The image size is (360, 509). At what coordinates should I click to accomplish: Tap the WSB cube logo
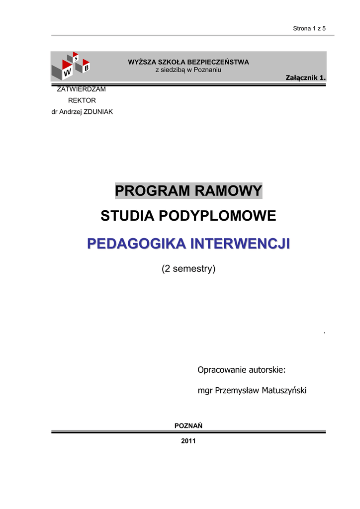pos(71,66)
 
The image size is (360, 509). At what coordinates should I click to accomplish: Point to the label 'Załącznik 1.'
pos(305,78)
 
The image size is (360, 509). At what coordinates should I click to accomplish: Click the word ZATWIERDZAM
pos(82,89)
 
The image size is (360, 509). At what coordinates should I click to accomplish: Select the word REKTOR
pos(82,100)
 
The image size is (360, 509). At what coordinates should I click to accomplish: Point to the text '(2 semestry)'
pos(188,269)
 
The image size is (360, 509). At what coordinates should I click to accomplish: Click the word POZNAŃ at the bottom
pos(188,426)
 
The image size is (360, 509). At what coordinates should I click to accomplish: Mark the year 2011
pos(188,441)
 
